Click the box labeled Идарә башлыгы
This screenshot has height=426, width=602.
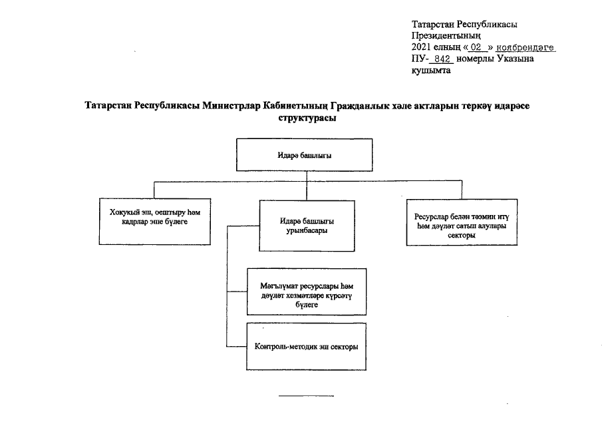click(305, 155)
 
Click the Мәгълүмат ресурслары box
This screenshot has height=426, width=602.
click(305, 290)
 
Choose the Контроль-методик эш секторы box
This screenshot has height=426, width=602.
click(305, 346)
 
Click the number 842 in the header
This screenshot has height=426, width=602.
click(441, 59)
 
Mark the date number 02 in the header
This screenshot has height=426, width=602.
click(475, 48)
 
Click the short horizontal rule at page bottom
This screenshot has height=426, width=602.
click(306, 395)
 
